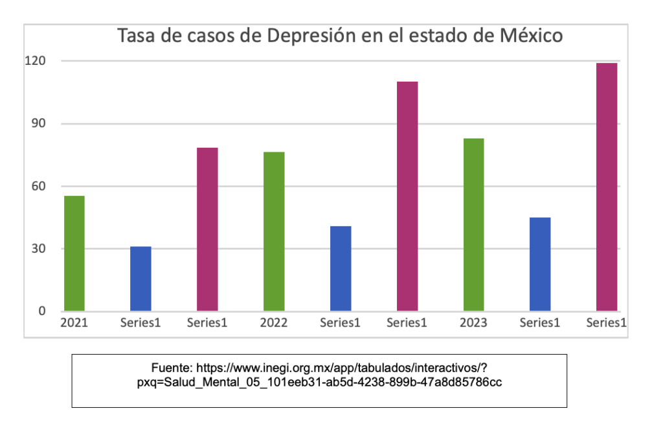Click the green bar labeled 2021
74,253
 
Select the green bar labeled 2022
274,231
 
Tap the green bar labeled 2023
473,224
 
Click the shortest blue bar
140,279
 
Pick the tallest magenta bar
607,187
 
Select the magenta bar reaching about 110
407,196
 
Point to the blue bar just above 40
341,268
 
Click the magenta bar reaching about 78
207,229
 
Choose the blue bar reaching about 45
540,264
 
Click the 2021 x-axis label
74,323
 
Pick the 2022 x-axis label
274,323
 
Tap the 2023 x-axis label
473,323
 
